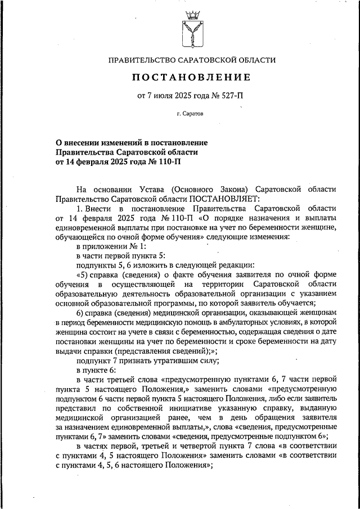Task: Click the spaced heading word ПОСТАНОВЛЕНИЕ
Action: [x=192, y=76]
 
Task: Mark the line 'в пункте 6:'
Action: [x=96, y=370]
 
